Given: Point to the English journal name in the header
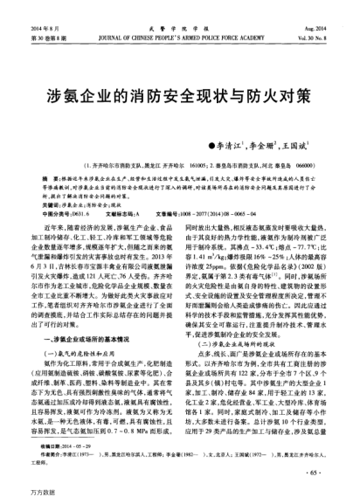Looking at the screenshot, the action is (x=181, y=15).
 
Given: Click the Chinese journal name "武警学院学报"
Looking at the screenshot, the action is (x=181, y=6).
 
